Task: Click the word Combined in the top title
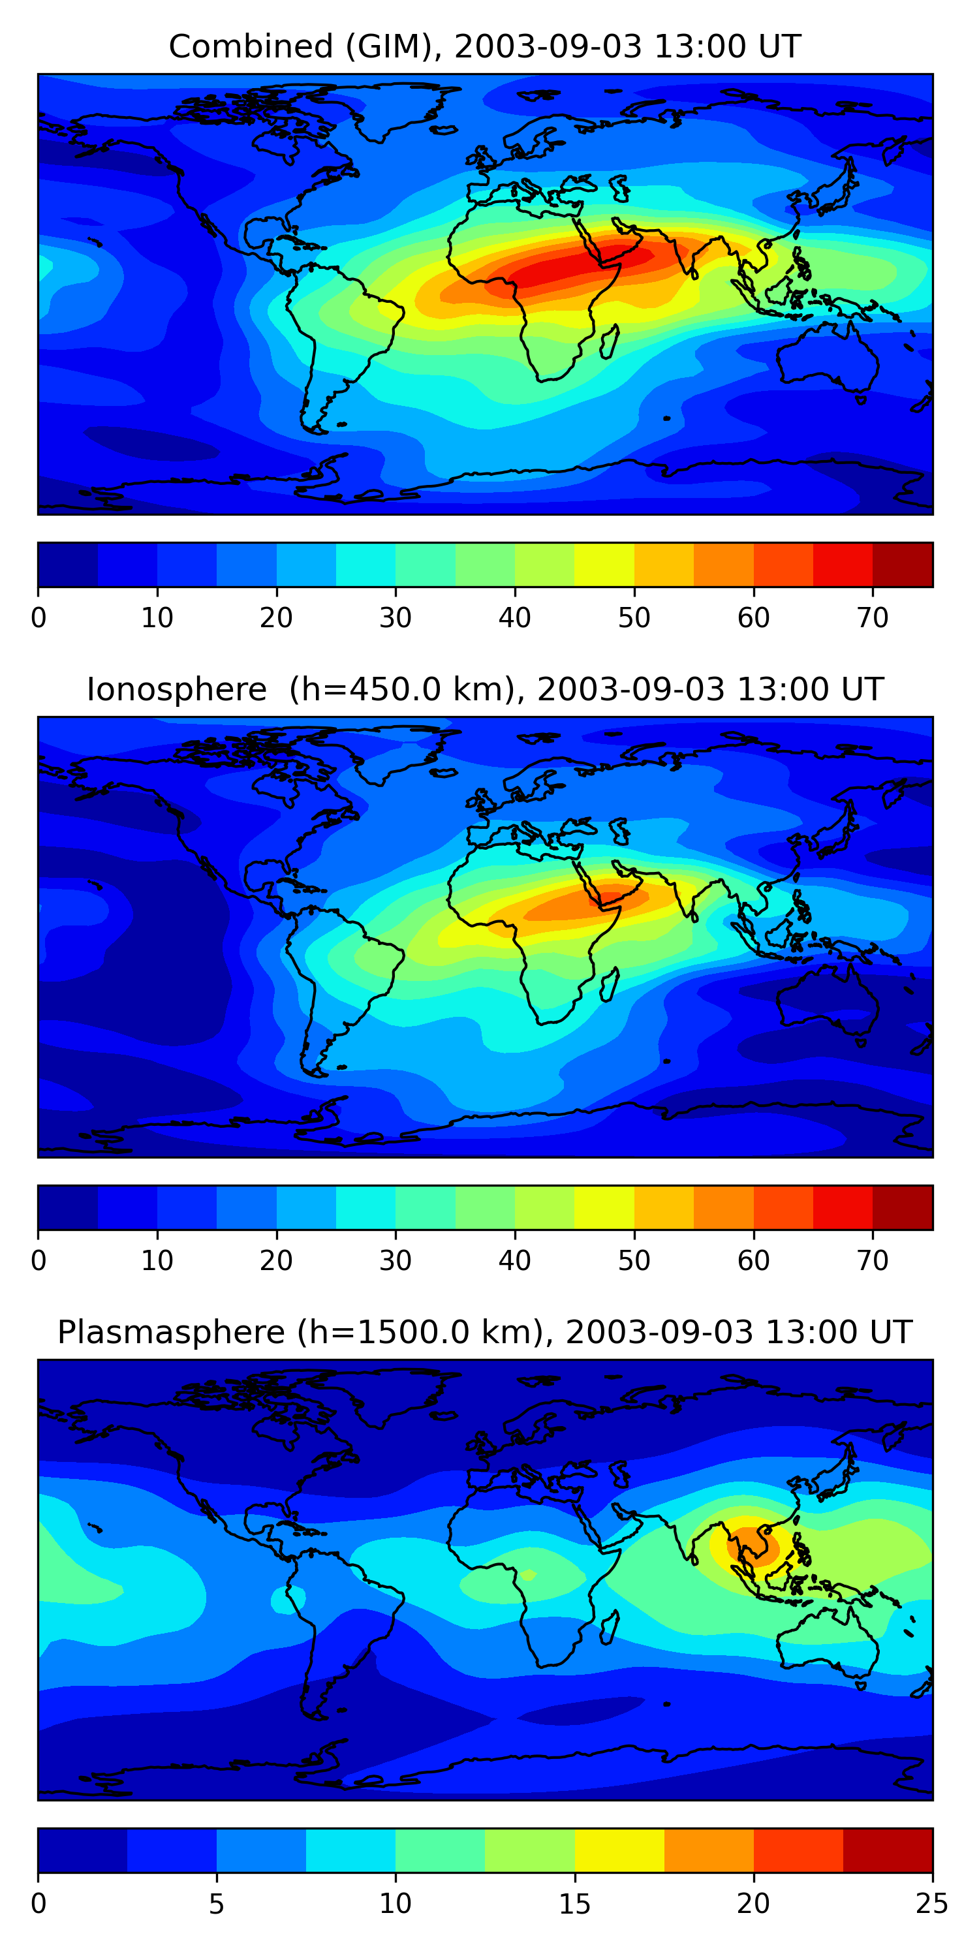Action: (x=251, y=47)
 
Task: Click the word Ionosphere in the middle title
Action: (x=176, y=689)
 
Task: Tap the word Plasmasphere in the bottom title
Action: (x=171, y=1333)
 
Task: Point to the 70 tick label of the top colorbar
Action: (x=873, y=618)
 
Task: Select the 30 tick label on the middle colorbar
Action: (x=396, y=1261)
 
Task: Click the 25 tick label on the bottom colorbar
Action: (x=931, y=1904)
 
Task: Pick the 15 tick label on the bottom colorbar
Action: (x=574, y=1904)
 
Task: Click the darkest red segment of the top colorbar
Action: (x=902, y=565)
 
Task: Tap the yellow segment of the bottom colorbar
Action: (x=619, y=1850)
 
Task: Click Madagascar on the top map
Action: (x=610, y=342)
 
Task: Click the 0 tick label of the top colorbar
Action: (x=39, y=618)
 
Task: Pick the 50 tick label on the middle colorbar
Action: (x=634, y=1261)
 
